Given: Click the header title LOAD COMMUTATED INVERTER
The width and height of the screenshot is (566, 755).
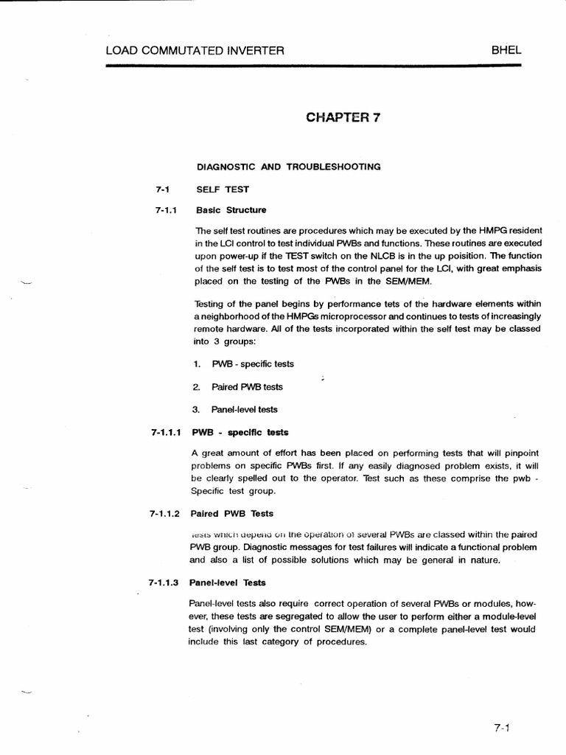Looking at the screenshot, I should click(x=195, y=51).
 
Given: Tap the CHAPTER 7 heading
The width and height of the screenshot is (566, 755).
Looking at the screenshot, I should click(x=343, y=117).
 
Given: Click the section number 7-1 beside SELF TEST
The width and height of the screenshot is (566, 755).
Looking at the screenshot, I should click(x=163, y=189).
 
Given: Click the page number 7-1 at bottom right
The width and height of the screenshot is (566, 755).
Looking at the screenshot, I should click(x=503, y=728).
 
